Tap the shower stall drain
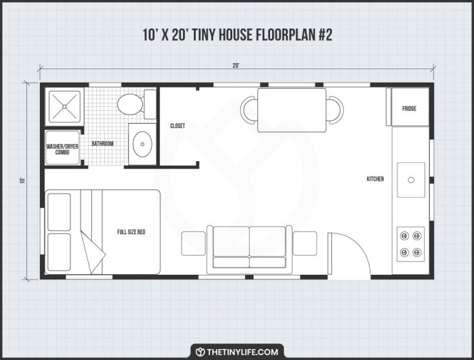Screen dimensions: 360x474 click(x=64, y=106)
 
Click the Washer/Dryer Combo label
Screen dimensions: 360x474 click(x=62, y=149)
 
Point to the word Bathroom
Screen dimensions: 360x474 click(x=103, y=143)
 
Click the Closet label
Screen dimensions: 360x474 click(x=177, y=126)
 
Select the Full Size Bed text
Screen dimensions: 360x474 click(x=131, y=232)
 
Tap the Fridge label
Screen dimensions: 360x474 click(x=409, y=108)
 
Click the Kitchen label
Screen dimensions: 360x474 click(x=375, y=179)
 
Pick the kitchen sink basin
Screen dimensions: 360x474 click(x=411, y=179)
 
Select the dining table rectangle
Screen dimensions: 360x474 click(x=292, y=110)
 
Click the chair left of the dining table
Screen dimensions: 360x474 click(x=249, y=110)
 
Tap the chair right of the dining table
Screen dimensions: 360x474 click(x=335, y=110)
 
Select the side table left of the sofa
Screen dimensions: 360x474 click(x=193, y=243)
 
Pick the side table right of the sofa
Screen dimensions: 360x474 click(x=305, y=243)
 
